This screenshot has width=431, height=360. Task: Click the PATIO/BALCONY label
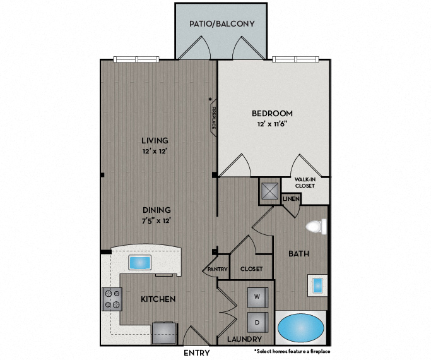tap(221, 24)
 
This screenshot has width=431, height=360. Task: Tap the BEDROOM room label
tap(272, 114)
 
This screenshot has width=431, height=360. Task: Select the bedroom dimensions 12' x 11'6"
tap(272, 125)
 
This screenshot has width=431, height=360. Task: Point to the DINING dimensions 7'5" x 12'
tap(155, 220)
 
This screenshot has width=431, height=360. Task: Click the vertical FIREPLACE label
tap(214, 117)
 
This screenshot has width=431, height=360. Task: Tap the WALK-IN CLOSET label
tap(305, 183)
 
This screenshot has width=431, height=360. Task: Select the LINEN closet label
tap(290, 199)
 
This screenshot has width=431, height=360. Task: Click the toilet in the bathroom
tap(316, 226)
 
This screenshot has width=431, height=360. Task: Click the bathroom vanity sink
tap(317, 285)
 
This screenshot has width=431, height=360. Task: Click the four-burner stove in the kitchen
tap(112, 299)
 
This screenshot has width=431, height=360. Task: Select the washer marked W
tap(257, 297)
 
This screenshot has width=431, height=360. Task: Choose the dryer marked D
tap(257, 321)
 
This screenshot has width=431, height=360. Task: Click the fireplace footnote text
tap(292, 351)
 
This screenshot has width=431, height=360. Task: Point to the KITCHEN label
tap(156, 299)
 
